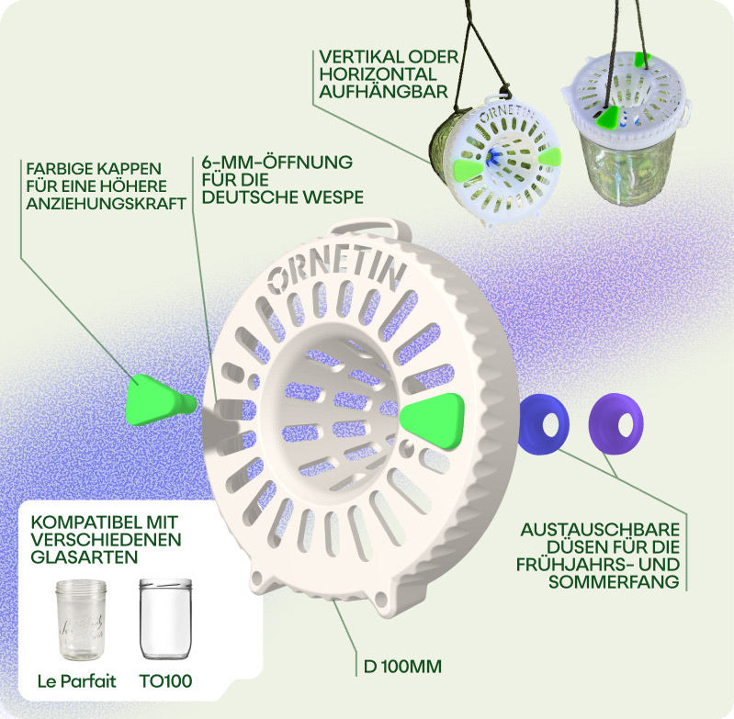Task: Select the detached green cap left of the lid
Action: (160, 399)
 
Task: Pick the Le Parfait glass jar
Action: (81, 619)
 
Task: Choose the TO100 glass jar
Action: (165, 618)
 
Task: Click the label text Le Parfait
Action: (77, 681)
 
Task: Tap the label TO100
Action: (165, 681)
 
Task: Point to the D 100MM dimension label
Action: (402, 667)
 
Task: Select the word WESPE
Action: (333, 197)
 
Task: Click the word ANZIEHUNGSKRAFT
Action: (107, 204)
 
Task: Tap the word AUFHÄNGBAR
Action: (383, 92)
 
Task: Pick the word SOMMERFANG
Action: (614, 582)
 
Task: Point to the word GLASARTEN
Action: (85, 557)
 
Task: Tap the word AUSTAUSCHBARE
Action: (600, 530)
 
